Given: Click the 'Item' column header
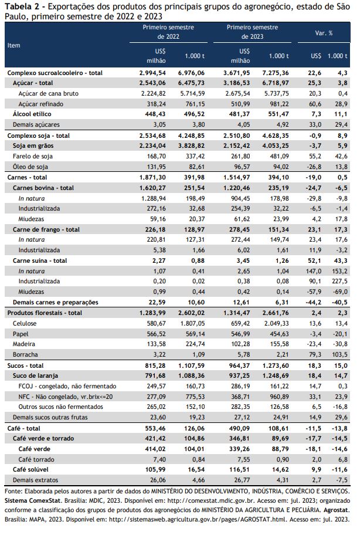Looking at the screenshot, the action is [13, 45].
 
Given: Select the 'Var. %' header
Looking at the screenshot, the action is [324, 33].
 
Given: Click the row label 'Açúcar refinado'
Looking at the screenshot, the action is [40, 104].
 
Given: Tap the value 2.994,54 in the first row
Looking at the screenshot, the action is [152, 73].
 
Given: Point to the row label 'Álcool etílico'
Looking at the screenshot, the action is [32, 114].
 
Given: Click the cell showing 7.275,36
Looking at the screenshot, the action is [276, 73].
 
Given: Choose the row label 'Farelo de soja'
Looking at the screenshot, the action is [33, 156].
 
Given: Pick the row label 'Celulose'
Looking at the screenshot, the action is [25, 323].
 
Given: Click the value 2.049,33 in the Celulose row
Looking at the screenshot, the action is [277, 323].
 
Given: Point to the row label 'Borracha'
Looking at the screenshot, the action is [25, 354].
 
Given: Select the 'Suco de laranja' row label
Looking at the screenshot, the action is [35, 375].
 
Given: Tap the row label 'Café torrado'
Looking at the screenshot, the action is [36, 459].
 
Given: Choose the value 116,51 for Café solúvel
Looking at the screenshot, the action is [240, 469].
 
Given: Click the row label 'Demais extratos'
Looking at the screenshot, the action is [35, 480].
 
